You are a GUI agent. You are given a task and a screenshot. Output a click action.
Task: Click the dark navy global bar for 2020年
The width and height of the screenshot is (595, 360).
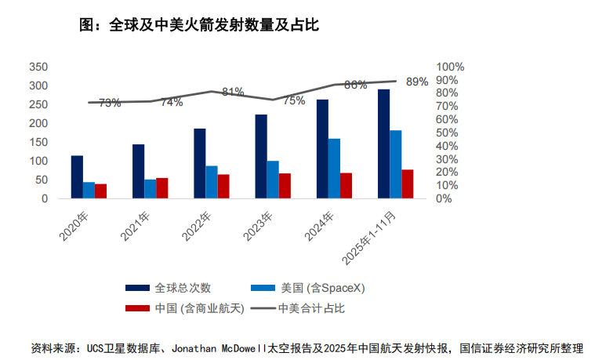click(x=77, y=177)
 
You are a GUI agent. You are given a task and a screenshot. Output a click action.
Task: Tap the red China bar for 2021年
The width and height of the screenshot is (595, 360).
click(x=162, y=188)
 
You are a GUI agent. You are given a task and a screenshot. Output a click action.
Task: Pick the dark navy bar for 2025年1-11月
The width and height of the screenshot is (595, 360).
click(x=383, y=144)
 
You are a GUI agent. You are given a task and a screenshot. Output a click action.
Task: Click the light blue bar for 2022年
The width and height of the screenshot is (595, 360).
click(x=212, y=182)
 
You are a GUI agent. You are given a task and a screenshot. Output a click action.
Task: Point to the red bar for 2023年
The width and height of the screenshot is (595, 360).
click(x=285, y=186)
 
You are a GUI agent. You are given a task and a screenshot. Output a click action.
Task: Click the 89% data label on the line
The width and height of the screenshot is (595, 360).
click(x=417, y=82)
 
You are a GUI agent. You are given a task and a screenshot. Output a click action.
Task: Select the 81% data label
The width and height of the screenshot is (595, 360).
click(x=233, y=92)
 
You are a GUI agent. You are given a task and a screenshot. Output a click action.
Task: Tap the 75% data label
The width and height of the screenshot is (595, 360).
click(x=294, y=100)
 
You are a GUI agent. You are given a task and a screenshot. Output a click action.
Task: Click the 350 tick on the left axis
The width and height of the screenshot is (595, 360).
click(x=37, y=67)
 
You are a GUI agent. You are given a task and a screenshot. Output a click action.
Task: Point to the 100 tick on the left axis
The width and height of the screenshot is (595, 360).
click(x=37, y=161)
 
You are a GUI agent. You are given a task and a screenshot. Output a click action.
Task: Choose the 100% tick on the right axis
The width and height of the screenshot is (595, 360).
click(x=451, y=67)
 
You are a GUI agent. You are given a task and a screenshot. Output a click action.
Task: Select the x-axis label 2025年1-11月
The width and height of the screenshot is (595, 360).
click(x=372, y=236)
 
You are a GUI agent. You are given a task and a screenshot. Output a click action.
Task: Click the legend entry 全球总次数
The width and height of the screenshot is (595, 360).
click(x=183, y=288)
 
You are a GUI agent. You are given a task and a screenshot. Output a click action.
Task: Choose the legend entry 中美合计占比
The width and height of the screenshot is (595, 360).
click(x=312, y=308)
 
